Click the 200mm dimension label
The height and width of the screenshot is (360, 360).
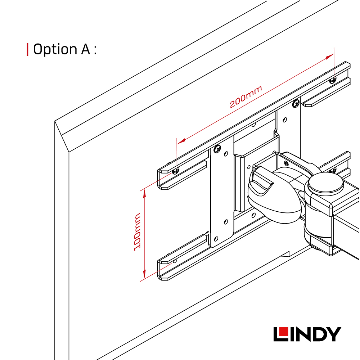(246, 97)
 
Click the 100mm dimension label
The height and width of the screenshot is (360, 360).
(137, 232)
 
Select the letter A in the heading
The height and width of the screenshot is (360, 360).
(85, 49)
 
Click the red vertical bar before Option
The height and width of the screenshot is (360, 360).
(28, 49)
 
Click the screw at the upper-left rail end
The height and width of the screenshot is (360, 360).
(176, 170)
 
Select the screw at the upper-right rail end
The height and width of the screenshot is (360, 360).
(333, 80)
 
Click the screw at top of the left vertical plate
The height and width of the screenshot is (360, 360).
(217, 149)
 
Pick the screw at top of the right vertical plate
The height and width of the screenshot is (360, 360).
(296, 104)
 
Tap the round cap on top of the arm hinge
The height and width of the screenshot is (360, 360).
(326, 183)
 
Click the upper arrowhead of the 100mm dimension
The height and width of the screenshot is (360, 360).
(144, 194)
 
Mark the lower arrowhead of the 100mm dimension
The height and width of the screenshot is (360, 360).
(144, 274)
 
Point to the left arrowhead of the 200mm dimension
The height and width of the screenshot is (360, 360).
(181, 141)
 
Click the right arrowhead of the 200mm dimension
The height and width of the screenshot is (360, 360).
(329, 57)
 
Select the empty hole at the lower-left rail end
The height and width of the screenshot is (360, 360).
(175, 261)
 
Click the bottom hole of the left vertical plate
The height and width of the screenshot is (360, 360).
(216, 239)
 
